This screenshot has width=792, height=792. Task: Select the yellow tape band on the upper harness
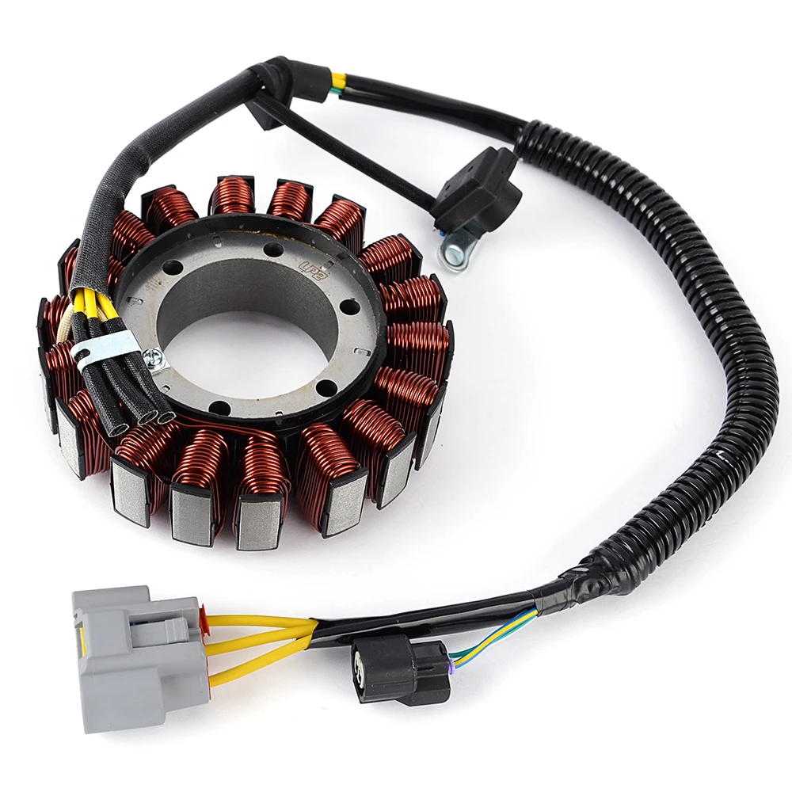tap(338, 80)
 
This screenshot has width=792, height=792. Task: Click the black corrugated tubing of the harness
tap(713, 317)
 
